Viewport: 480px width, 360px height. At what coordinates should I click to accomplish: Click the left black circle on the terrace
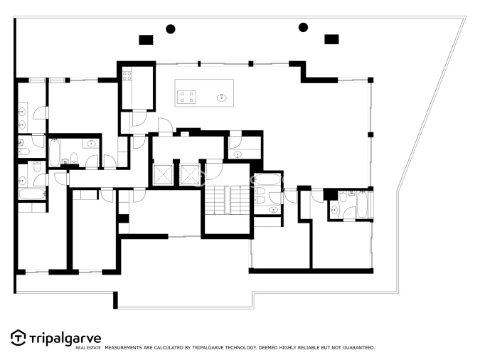[x=171, y=29]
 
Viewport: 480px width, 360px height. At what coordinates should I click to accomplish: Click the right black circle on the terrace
[x=303, y=28]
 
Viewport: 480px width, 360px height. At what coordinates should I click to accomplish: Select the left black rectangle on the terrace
[x=146, y=39]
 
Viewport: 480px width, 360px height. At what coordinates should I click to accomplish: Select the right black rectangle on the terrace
[x=331, y=39]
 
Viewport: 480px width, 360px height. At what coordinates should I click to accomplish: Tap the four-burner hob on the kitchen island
[x=187, y=97]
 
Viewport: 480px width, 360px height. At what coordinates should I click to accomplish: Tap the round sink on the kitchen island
[x=223, y=97]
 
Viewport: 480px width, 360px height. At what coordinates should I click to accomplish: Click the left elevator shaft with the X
[x=163, y=174]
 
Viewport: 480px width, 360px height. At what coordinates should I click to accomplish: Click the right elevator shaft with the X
[x=190, y=174]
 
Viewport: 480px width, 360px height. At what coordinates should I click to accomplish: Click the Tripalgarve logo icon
[x=18, y=337]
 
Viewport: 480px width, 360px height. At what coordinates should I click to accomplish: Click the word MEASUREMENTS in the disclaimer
[x=126, y=348]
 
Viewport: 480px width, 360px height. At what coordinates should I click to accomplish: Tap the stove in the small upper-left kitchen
[x=127, y=75]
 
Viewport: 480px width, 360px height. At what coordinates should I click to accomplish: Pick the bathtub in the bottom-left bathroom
[x=31, y=194]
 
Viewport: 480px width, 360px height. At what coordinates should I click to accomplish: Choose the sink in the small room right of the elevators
[x=237, y=154]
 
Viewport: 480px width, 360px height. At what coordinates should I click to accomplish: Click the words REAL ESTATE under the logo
[x=88, y=348]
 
